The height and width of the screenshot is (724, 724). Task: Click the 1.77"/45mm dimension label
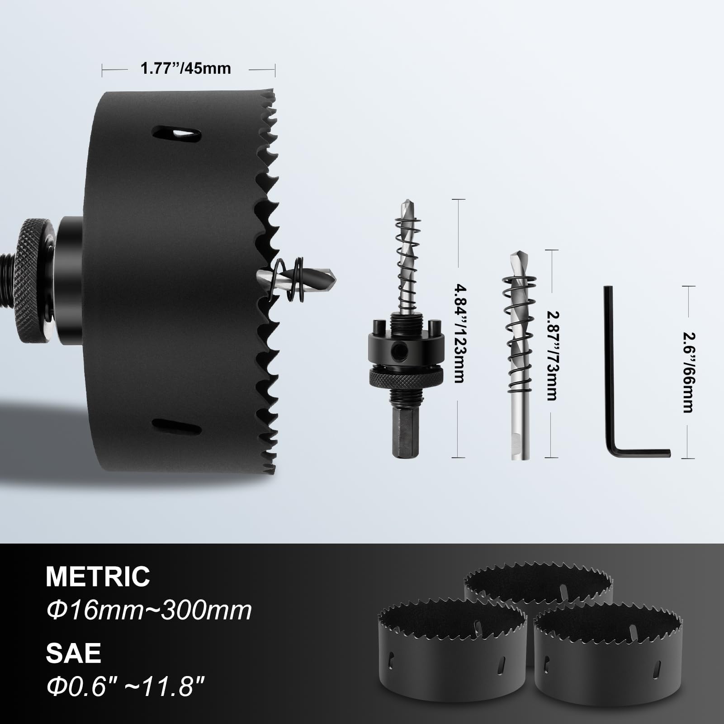pos(185,68)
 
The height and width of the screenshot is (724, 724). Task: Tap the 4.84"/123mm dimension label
pos(459,333)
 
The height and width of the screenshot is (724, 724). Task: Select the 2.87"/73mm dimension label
pos(551,355)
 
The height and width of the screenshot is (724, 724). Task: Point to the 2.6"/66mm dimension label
pos(688,373)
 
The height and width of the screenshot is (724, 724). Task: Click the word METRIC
pos(98,576)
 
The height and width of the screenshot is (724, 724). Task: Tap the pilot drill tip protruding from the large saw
pos(317,275)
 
